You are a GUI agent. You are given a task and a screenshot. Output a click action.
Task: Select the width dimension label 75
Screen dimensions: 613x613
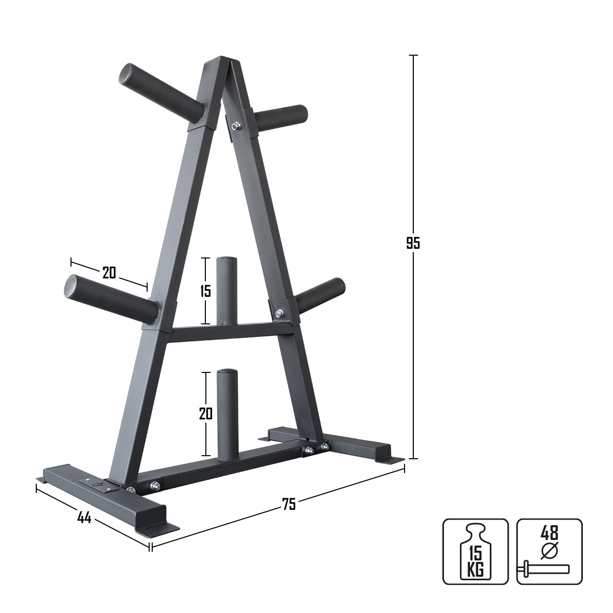tap(289, 504)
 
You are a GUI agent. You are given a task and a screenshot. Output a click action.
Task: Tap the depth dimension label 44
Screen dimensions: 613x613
tap(84, 517)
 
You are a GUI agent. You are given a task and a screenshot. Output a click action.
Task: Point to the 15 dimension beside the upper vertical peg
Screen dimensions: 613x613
tap(205, 291)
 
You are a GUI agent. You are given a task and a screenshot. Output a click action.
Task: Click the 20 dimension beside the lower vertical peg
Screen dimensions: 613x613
tap(205, 414)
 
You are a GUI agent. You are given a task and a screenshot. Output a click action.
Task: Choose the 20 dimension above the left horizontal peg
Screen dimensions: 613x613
tap(109, 273)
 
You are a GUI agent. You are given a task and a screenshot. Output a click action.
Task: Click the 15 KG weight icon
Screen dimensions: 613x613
tap(475, 551)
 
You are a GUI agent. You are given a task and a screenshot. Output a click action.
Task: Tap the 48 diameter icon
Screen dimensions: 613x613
tap(549, 551)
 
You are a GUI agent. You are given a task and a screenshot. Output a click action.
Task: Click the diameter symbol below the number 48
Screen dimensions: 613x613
tap(549, 551)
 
